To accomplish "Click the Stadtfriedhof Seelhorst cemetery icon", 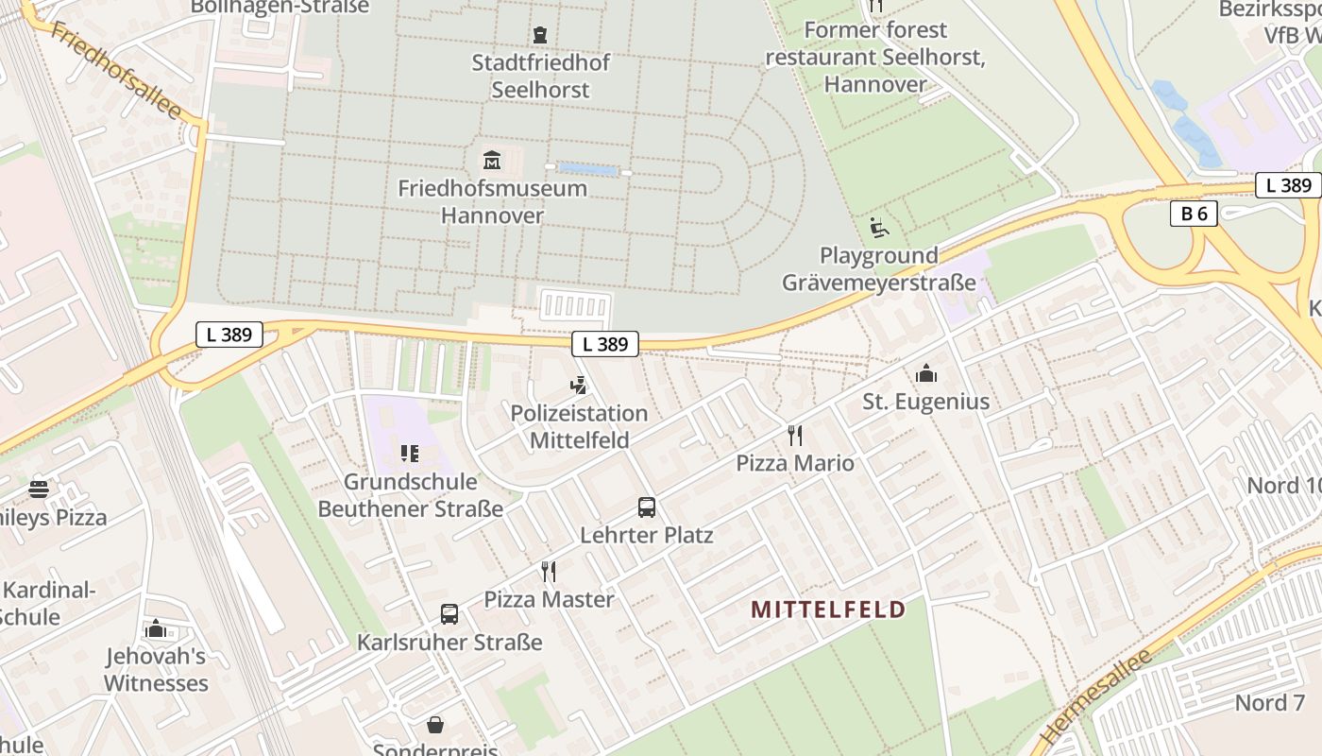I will [x=539, y=35].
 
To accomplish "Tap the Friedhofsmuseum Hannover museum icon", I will [x=491, y=160].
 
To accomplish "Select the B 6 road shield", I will [x=1194, y=214].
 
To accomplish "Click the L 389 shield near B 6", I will [x=1288, y=185].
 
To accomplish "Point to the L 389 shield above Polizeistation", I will [x=605, y=344].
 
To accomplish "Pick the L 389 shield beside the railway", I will [x=229, y=334].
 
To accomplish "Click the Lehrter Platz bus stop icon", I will [x=646, y=507].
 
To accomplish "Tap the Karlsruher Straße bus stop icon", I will [x=449, y=614].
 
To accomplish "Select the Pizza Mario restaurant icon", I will [x=795, y=436].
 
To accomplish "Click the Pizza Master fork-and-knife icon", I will [x=548, y=572].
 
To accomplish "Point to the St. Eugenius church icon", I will [x=925, y=374].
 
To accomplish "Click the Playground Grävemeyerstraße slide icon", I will [x=878, y=228].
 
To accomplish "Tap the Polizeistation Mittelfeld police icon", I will [x=579, y=386].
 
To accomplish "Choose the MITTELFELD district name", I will [x=827, y=610].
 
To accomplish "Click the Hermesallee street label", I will [x=1094, y=697].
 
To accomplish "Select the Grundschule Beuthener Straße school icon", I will [x=409, y=455].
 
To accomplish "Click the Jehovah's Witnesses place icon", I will [x=156, y=629].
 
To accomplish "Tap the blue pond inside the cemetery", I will [x=588, y=169].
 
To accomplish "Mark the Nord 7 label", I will [x=1269, y=703].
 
